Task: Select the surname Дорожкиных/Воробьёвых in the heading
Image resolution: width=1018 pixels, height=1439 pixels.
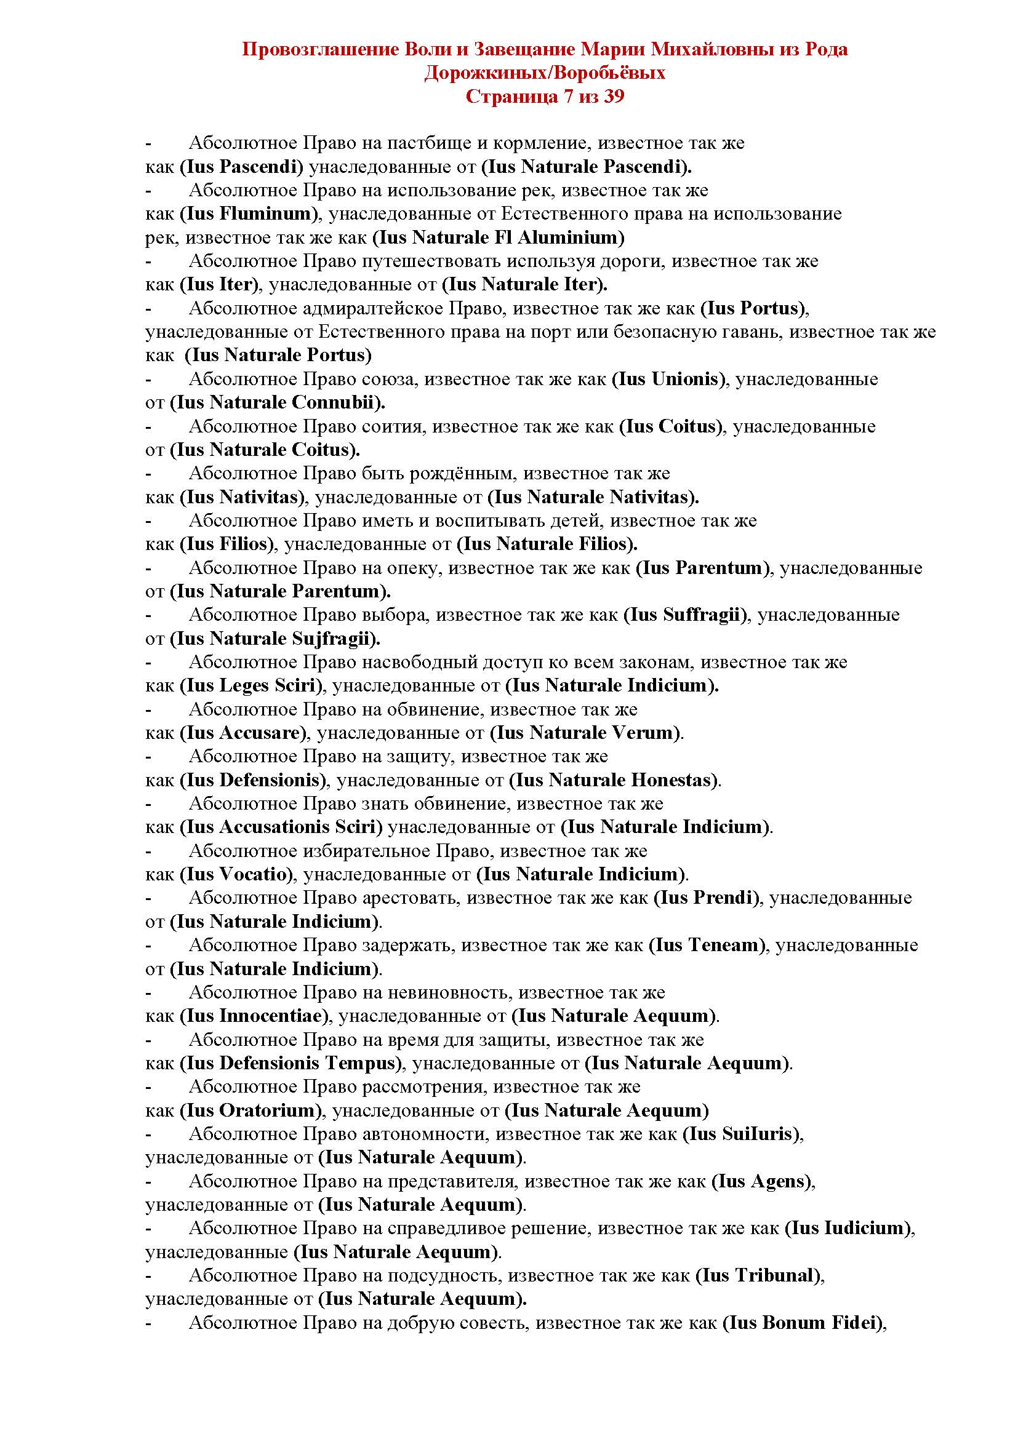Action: pyautogui.click(x=545, y=73)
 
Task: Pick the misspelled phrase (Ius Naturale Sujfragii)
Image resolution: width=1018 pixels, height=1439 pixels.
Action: pyautogui.click(x=275, y=639)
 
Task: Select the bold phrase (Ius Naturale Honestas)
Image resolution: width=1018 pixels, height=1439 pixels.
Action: pyautogui.click(x=612, y=780)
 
